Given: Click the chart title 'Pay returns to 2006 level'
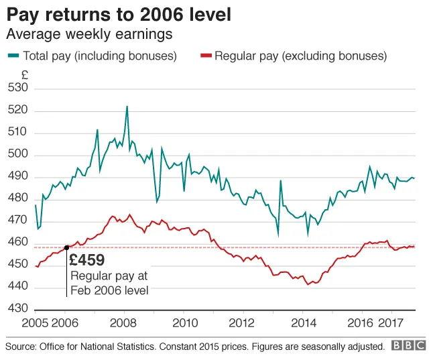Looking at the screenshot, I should pos(119,14).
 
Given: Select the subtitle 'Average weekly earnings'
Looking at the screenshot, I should pos(89,34).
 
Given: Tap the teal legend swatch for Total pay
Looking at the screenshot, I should pos(13,56).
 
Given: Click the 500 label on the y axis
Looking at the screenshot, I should pos(18,155).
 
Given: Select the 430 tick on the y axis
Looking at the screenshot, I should pos(18,309).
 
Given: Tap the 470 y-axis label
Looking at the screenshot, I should pos(18,221).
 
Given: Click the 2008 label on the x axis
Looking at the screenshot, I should pos(124,324).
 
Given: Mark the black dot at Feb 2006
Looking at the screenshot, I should pos(66,247).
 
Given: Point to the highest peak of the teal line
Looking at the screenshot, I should pos(127,106).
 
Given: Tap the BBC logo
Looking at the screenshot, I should pos(408,346).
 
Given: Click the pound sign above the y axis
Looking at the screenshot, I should pos(24,74).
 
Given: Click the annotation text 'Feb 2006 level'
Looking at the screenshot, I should pos(109,290).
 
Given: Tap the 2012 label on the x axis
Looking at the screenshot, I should pos(243,324).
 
